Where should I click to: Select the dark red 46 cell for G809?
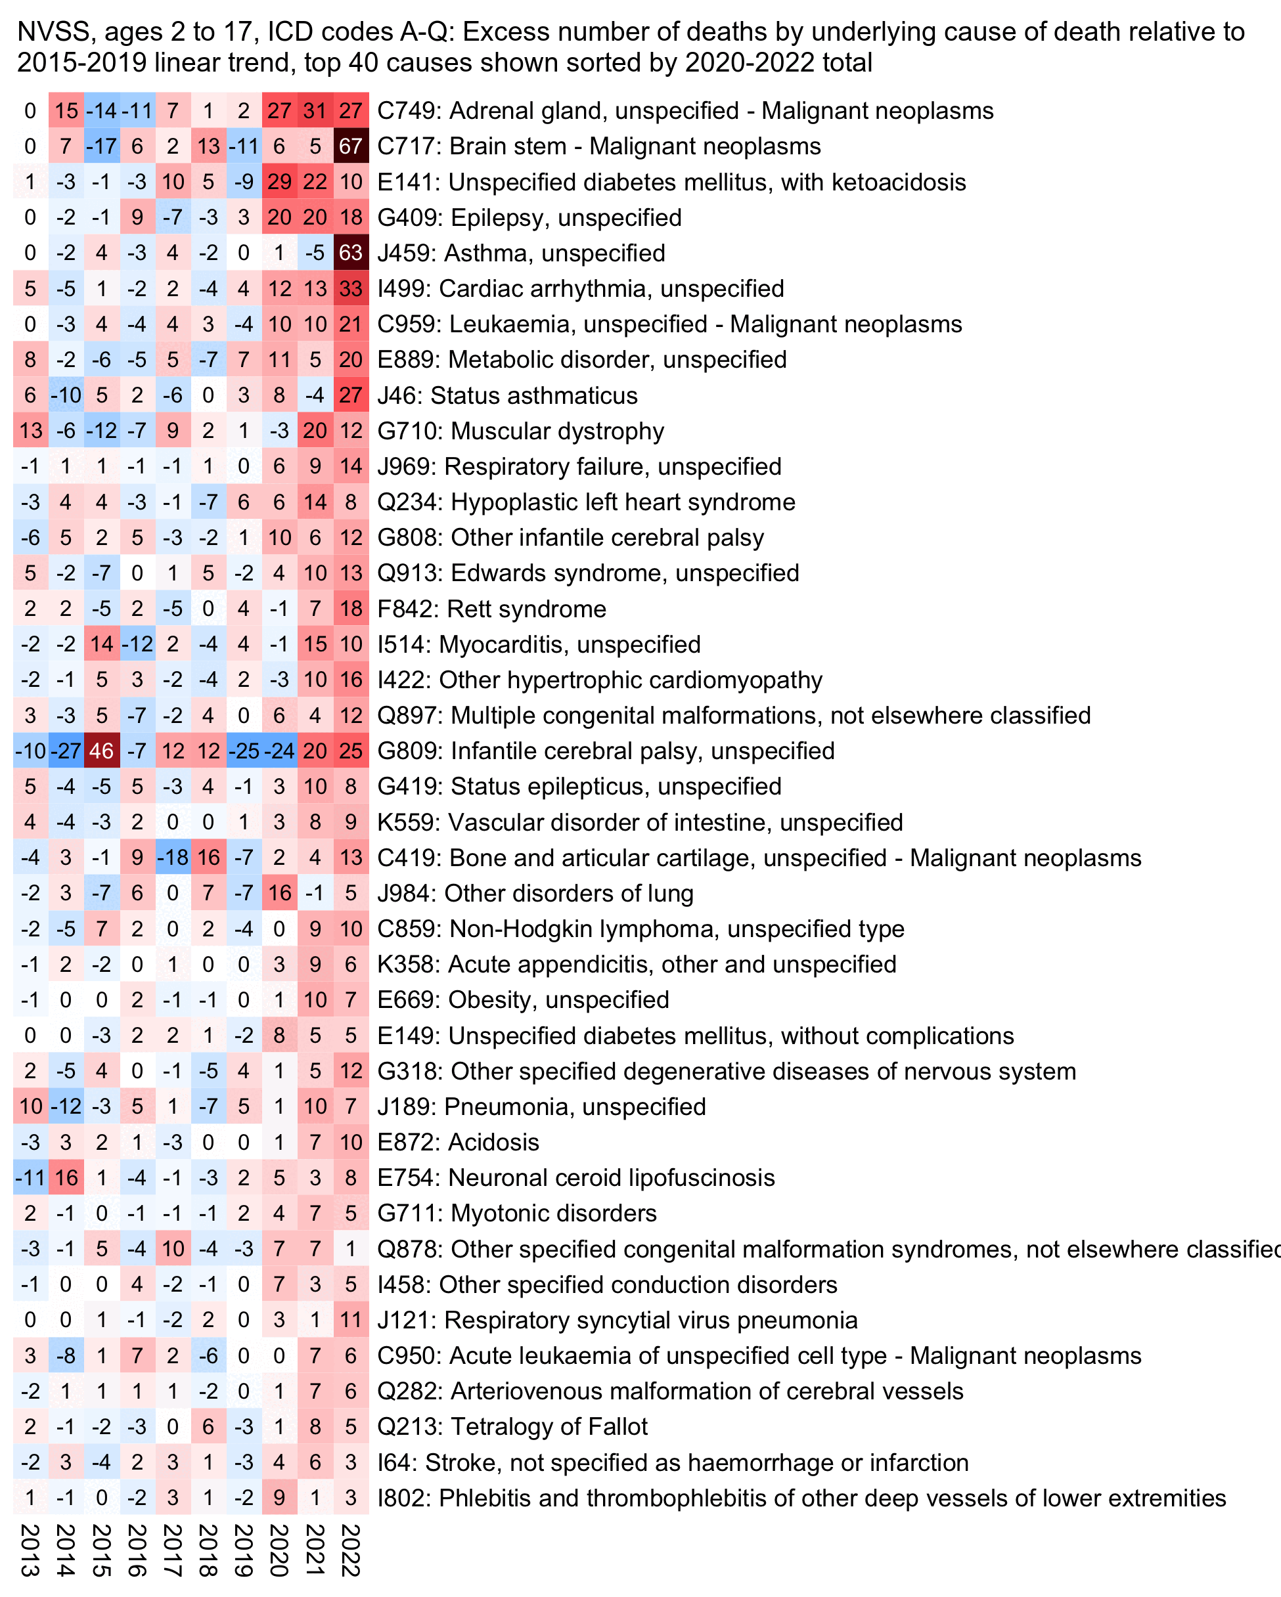point(102,751)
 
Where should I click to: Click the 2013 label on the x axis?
point(30,1550)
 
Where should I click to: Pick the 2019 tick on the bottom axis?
point(244,1550)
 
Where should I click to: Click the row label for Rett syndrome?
point(492,609)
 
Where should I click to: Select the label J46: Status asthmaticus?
point(508,395)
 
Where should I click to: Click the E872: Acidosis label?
point(458,1142)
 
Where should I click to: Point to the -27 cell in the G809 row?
point(66,751)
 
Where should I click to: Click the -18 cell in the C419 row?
point(173,858)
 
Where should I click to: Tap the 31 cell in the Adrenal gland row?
point(315,111)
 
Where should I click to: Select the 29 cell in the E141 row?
point(279,182)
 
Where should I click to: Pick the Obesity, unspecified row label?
point(523,1000)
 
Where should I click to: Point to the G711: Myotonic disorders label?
point(517,1214)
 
